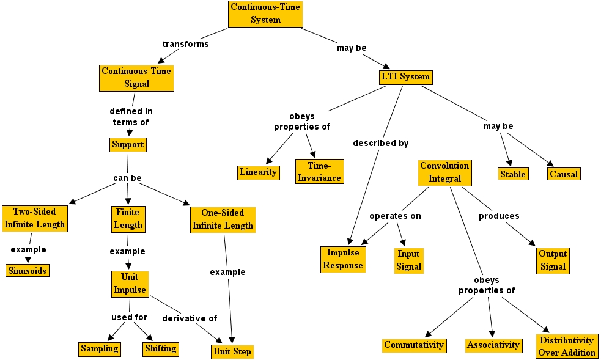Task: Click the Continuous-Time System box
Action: tap(265, 13)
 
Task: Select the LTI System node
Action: tap(405, 77)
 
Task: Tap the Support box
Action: tap(128, 145)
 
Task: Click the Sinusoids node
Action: tap(27, 270)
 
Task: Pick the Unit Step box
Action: tap(232, 351)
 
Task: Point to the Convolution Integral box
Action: tap(445, 172)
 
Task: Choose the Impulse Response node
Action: tap(343, 259)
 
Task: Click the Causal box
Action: tap(563, 174)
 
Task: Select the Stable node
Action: tap(512, 174)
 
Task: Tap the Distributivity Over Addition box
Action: tap(567, 346)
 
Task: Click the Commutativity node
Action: tap(414, 345)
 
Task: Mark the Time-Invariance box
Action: tap(319, 172)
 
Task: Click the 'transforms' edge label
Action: tap(185, 44)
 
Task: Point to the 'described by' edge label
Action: tap(380, 143)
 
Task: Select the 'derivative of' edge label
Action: tap(190, 318)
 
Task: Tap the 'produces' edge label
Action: tap(499, 216)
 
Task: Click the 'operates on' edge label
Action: tap(395, 216)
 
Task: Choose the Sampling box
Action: tap(99, 349)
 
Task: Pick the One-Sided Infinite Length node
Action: tap(223, 219)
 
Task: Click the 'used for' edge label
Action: tap(129, 317)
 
